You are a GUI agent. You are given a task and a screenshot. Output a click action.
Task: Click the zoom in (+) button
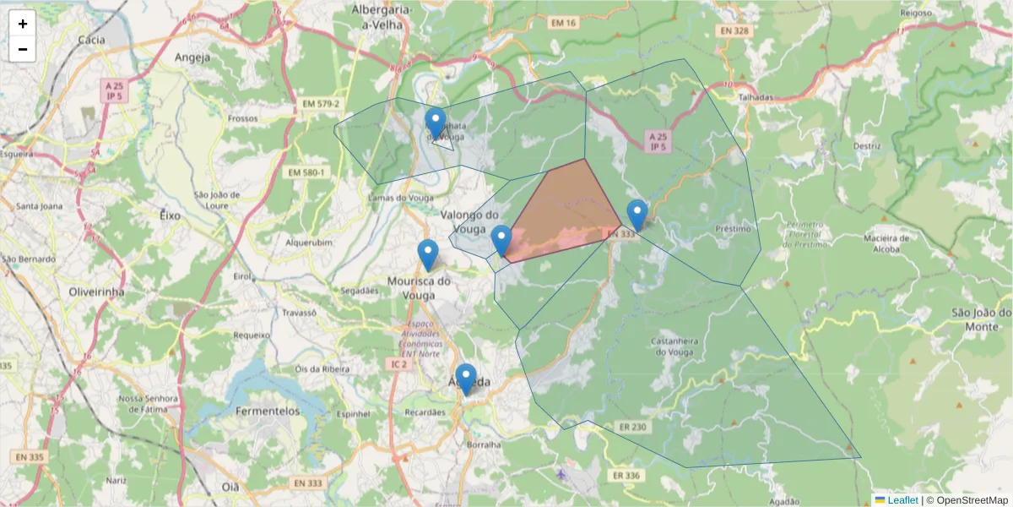point(23,24)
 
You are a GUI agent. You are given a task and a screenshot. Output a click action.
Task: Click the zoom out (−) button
point(23,49)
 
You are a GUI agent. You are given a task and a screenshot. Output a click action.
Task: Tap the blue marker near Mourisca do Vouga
point(428,254)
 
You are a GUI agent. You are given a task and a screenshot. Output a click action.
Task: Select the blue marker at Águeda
point(465,379)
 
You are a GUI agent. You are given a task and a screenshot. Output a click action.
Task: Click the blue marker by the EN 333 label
point(637,215)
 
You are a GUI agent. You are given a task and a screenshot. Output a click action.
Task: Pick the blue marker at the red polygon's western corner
point(501,240)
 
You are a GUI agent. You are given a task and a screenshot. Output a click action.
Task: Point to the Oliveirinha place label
point(96,292)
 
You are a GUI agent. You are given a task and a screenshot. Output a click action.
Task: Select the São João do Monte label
point(981,319)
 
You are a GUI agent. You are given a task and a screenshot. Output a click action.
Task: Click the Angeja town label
point(192,57)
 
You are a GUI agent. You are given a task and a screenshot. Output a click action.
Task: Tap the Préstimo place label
point(732,229)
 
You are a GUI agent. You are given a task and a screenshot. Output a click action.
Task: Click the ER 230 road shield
point(631,427)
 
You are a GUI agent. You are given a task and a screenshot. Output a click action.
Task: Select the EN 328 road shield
point(734,31)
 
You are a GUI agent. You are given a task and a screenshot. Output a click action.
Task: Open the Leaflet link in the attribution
point(902,500)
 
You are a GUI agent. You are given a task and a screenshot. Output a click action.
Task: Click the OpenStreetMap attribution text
point(971,500)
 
